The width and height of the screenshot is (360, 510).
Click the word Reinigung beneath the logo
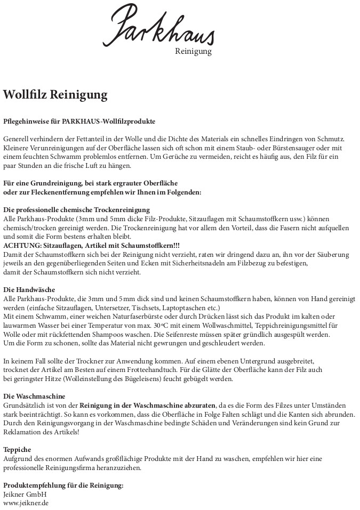click(x=193, y=52)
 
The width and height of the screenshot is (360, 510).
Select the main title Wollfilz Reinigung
click(x=55, y=95)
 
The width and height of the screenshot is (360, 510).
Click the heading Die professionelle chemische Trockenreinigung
click(x=76, y=210)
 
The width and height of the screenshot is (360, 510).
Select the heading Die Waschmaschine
click(x=34, y=396)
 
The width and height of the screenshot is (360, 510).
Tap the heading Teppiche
click(x=17, y=449)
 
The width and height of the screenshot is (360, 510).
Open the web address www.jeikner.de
click(x=26, y=503)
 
